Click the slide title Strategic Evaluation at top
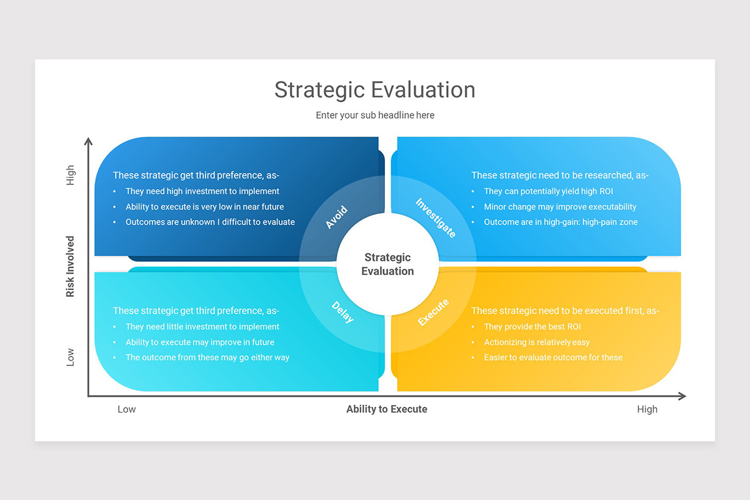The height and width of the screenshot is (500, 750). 375,89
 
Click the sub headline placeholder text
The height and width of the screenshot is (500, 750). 375,115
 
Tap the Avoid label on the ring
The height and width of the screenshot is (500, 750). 336,217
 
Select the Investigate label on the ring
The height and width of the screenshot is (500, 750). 436,217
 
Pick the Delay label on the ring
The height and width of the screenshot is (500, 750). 342,312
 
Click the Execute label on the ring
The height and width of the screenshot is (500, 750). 433,312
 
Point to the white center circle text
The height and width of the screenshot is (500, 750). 387,264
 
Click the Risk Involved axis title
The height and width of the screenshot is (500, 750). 70,266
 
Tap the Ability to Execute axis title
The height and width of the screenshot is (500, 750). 387,409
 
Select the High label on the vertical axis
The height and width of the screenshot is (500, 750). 70,175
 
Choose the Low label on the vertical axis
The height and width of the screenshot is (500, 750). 70,357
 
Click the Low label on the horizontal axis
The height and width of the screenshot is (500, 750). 127,409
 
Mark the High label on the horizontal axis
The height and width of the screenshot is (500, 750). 647,409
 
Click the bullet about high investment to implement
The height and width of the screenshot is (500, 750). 202,191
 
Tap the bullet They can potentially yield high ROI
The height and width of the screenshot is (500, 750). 548,191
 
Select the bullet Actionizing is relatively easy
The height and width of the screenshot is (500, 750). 536,342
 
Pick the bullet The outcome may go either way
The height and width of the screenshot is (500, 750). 207,357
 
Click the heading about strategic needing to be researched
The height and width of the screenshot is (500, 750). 559,176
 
